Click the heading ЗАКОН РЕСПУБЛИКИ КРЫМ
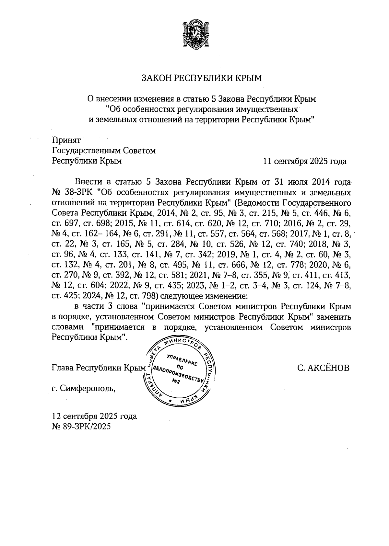coord(201,78)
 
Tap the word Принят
coord(66,140)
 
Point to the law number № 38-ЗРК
coord(72,193)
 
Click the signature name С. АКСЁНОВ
coord(323,368)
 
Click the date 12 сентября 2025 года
coord(94,416)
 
